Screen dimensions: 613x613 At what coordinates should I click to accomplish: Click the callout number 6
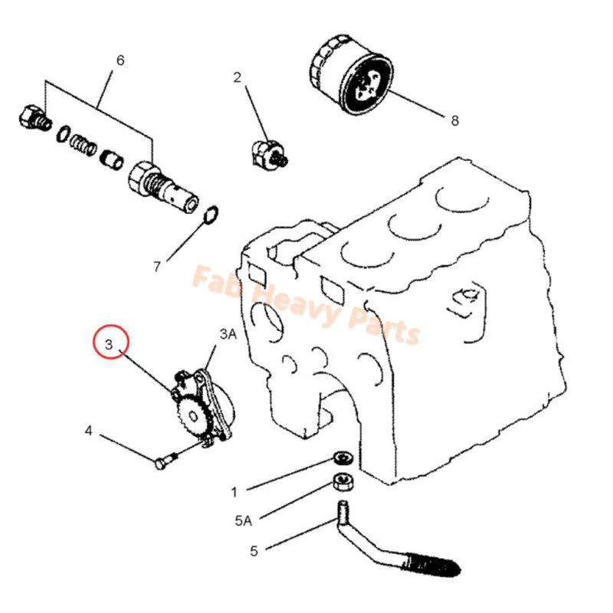pyautogui.click(x=120, y=59)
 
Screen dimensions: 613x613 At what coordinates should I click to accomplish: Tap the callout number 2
pyautogui.click(x=238, y=77)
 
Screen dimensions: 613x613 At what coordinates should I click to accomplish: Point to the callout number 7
pyautogui.click(x=156, y=267)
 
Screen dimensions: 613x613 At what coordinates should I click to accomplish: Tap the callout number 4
pyautogui.click(x=89, y=431)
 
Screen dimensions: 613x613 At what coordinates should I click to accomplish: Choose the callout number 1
pyautogui.click(x=234, y=491)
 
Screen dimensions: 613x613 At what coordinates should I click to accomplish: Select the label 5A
pyautogui.click(x=243, y=521)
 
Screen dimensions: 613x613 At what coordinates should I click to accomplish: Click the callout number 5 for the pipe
pyautogui.click(x=254, y=550)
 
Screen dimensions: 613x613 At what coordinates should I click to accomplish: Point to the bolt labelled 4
pyautogui.click(x=163, y=461)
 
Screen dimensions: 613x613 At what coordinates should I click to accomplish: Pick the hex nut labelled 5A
pyautogui.click(x=341, y=483)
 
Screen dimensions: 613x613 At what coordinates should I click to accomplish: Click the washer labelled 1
pyautogui.click(x=341, y=459)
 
